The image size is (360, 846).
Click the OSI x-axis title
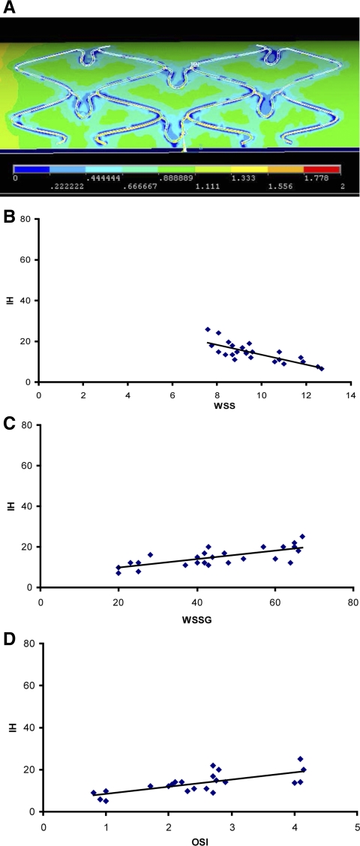(x=200, y=839)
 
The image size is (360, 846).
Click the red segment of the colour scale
(x=322, y=169)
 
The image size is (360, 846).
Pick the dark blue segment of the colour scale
(x=31, y=169)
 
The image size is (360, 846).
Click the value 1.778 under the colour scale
(x=322, y=178)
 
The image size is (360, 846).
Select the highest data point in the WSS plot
(x=208, y=329)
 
